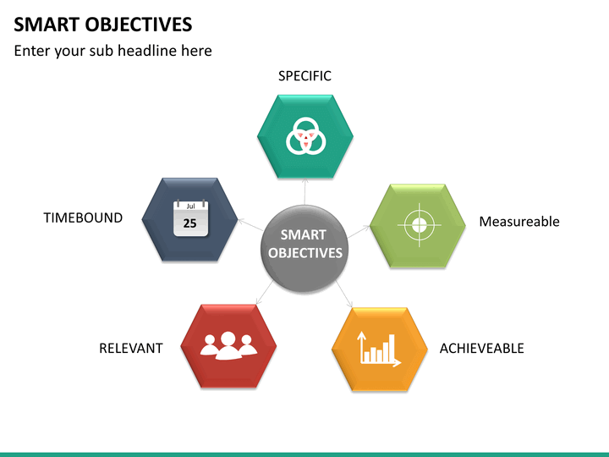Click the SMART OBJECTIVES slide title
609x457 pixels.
tap(102, 24)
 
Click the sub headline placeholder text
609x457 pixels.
tap(112, 51)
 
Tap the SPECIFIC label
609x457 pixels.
tap(304, 76)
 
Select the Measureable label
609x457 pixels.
tap(518, 222)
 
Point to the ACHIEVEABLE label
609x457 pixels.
tap(481, 348)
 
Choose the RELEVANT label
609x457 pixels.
tap(130, 348)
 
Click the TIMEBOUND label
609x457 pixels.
tap(83, 217)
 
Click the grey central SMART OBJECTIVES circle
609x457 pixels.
tap(304, 244)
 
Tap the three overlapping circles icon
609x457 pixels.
tap(304, 136)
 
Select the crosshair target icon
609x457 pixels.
tap(417, 225)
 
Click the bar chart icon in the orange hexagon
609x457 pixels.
tap(379, 348)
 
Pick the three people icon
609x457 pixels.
tap(228, 344)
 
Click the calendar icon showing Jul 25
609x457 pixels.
tap(190, 217)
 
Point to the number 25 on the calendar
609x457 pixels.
tap(190, 223)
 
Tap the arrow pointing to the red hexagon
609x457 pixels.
tap(262, 292)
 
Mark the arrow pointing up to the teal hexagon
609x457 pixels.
tap(304, 191)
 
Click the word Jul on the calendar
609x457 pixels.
tap(190, 206)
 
